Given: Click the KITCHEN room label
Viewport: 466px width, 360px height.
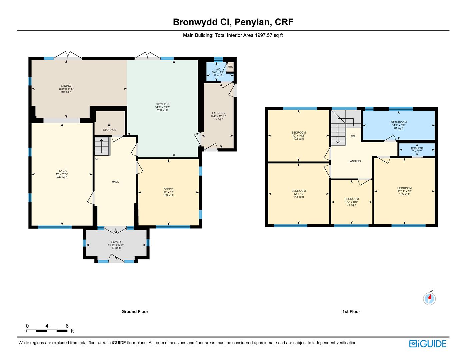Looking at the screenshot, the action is [x=162, y=104].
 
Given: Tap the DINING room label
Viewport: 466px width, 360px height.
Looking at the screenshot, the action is [x=66, y=86].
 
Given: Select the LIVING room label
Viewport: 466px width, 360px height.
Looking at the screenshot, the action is [x=62, y=171].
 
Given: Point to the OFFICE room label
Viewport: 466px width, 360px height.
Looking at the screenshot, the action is [x=168, y=189].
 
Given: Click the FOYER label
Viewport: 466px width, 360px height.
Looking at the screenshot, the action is [x=116, y=242].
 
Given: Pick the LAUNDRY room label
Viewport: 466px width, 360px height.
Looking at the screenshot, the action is [x=219, y=113].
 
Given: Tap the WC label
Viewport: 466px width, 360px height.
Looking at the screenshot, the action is [x=218, y=69].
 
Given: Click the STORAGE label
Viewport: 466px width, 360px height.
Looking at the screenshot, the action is [x=109, y=130].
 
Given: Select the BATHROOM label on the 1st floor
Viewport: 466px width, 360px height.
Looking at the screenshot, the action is [x=398, y=122].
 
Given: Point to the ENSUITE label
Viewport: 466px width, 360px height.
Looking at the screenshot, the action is [x=417, y=148].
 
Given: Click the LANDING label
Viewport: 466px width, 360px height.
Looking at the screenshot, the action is [x=354, y=161].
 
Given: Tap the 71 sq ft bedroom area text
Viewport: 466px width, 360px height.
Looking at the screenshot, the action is [x=351, y=205].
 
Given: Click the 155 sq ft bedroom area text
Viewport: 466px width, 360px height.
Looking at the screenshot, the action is [x=404, y=194].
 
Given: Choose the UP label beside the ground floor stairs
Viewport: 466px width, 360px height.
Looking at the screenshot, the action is [x=97, y=159].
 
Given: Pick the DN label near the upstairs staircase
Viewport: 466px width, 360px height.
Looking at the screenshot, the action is [x=353, y=136].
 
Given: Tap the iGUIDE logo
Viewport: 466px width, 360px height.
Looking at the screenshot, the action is [x=428, y=344].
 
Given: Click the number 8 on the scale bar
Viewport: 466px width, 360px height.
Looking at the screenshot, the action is [x=67, y=326].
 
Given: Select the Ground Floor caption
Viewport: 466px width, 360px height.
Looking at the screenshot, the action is [x=135, y=312].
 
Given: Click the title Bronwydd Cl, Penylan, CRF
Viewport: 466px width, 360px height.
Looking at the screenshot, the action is [x=233, y=22].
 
